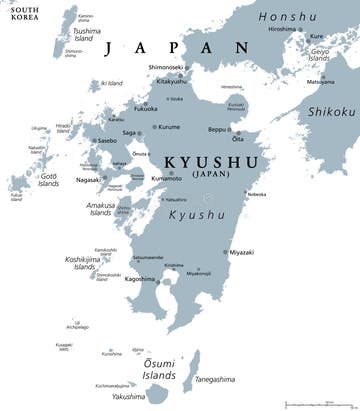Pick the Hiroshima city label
[281, 29]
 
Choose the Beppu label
[217, 131]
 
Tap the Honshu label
[290, 15]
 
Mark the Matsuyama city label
[321, 81]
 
